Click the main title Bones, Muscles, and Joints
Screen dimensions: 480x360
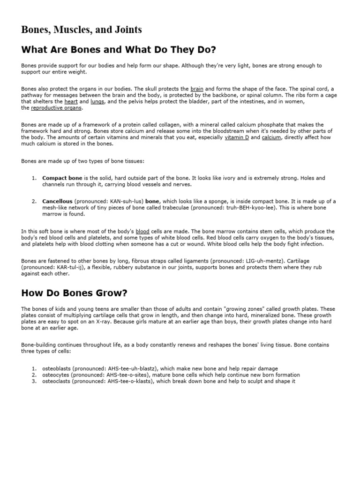tap(82, 30)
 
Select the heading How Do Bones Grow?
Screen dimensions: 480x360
tap(74, 293)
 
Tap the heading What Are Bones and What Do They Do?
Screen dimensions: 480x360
tap(119, 50)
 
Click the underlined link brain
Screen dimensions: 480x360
tap(197, 89)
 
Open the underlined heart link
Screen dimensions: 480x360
tap(71, 101)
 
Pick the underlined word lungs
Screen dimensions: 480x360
tap(97, 101)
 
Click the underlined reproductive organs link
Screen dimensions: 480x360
tap(56, 108)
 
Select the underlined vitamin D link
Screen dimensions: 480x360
tap(237, 138)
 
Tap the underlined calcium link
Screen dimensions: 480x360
tap(271, 138)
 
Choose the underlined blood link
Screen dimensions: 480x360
tap(142, 232)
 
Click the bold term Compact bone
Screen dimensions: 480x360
tap(62, 179)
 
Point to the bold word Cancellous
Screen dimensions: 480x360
tap(57, 202)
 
